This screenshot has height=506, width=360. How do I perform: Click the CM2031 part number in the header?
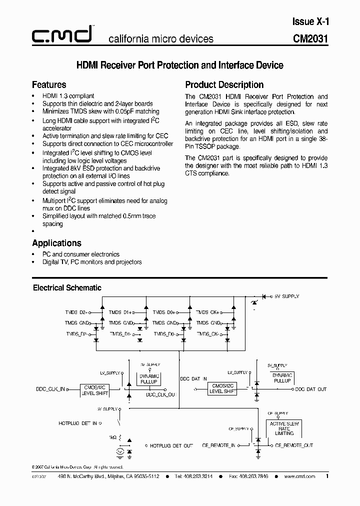pos(310,39)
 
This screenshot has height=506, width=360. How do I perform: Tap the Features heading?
pos(49,84)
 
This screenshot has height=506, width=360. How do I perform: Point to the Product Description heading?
pos(224,84)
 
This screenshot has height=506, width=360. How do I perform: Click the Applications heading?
pos(56,243)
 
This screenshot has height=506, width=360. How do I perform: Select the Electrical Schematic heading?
pos(67,287)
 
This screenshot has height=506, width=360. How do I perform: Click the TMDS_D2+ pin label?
pos(76,312)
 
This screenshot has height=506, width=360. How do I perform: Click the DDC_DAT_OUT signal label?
pos(310,389)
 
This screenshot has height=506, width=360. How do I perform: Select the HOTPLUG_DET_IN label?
pos(77,423)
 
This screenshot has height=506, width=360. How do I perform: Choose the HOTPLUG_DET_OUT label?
pos(171,445)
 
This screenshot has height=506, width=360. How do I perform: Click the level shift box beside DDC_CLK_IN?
pos(95,388)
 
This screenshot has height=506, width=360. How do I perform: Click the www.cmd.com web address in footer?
pos(299,476)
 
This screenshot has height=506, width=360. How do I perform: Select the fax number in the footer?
pos(248,476)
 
